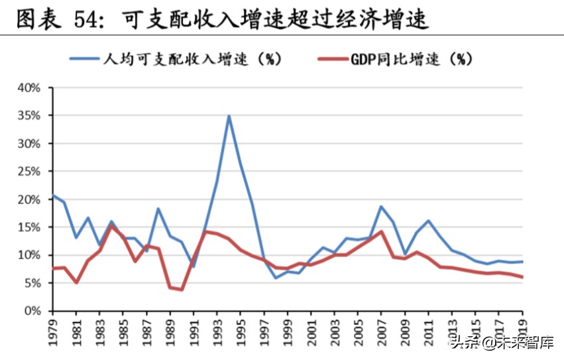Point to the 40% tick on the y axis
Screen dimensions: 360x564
[x=29, y=88]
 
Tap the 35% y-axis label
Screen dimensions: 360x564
[x=29, y=116]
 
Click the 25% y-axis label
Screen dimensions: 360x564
[x=29, y=172]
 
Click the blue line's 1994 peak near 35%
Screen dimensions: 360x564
[x=229, y=116]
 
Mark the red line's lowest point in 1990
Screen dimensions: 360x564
[x=182, y=290]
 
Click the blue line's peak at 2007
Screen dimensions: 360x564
[x=381, y=206]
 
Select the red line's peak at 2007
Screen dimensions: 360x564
[x=381, y=231]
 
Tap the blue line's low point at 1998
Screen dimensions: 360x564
[x=276, y=278]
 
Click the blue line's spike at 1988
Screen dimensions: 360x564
[x=158, y=208]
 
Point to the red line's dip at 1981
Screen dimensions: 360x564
[x=76, y=282]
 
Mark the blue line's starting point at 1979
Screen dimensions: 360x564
[x=53, y=196]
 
